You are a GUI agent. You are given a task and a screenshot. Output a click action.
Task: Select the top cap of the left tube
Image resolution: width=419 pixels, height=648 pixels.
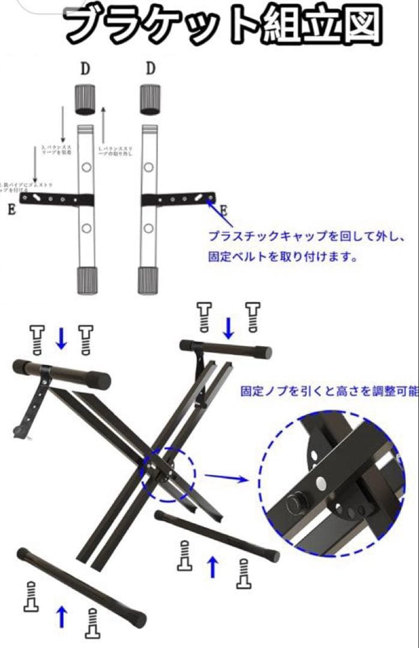[x=85, y=99]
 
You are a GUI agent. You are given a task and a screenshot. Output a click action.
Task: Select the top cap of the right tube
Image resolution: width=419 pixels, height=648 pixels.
[x=150, y=99]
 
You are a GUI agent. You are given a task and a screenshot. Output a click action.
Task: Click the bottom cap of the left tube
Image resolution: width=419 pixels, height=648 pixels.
[x=87, y=280]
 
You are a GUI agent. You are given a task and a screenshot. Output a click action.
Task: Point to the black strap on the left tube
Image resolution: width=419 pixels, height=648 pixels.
[x=56, y=198]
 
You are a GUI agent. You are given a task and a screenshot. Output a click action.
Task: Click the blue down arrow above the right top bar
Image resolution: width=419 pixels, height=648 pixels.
[x=228, y=327]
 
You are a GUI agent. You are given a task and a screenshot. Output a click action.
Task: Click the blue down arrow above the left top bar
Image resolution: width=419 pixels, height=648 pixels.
[x=61, y=338]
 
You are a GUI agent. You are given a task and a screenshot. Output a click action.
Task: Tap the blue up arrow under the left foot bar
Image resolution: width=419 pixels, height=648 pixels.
[x=61, y=616]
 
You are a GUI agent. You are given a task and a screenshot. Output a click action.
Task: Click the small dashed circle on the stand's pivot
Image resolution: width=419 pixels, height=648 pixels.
[x=168, y=474]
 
